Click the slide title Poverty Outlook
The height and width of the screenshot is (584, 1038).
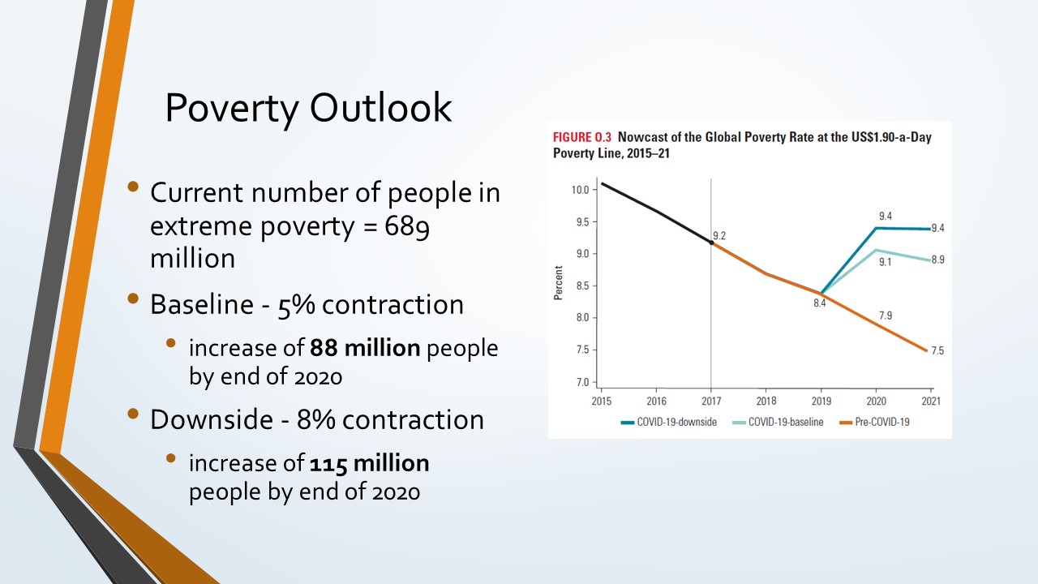tap(308, 108)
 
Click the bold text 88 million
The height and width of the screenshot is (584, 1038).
tap(365, 348)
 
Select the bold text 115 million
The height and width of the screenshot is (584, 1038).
tap(369, 463)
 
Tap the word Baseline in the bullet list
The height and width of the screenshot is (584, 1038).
tap(200, 304)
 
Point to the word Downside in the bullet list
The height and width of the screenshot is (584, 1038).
tap(210, 419)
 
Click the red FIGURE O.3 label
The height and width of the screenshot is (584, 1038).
tap(582, 137)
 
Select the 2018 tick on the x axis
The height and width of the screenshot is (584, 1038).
tap(766, 401)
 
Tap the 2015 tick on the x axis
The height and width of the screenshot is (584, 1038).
tap(602, 401)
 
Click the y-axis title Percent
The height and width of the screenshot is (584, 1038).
tap(559, 286)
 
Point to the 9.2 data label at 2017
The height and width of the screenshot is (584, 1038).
tap(719, 235)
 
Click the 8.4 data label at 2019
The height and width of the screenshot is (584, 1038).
tap(820, 303)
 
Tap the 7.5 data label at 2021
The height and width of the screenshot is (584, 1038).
tap(937, 350)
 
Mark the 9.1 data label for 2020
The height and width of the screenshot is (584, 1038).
tap(885, 262)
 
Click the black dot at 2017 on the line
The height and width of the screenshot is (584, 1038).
tap(711, 243)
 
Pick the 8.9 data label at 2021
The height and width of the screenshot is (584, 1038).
tap(937, 260)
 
